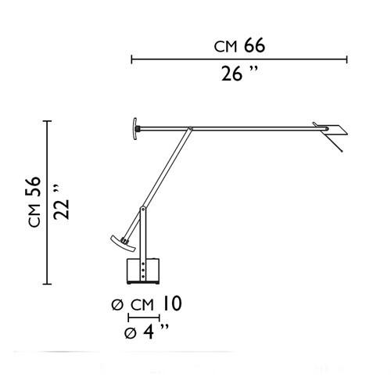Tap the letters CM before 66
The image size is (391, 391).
point(226,47)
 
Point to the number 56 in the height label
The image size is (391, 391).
point(33,190)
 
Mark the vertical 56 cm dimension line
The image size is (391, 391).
point(48,203)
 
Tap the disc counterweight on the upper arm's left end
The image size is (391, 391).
point(135,129)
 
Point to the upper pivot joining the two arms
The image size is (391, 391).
point(189,129)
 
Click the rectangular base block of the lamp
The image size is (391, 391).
point(143,271)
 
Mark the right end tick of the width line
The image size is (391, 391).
point(346,59)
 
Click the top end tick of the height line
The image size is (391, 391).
point(48,121)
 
